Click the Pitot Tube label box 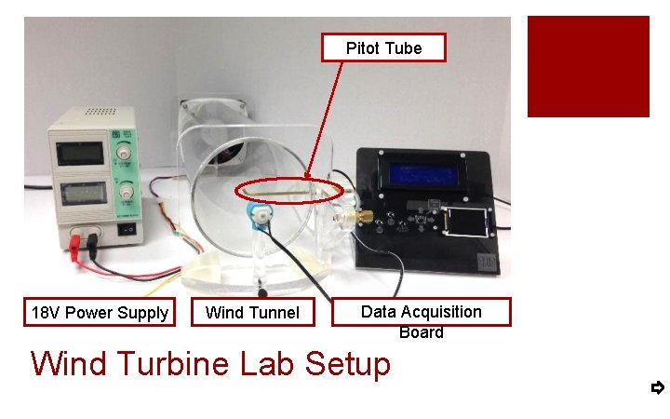(383, 48)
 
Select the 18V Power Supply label (100, 313)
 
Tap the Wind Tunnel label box (252, 313)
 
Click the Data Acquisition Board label (422, 312)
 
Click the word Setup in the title (343, 363)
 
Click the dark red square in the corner (588, 66)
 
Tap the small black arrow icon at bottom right (657, 387)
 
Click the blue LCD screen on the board (432, 173)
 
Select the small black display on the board (466, 223)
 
